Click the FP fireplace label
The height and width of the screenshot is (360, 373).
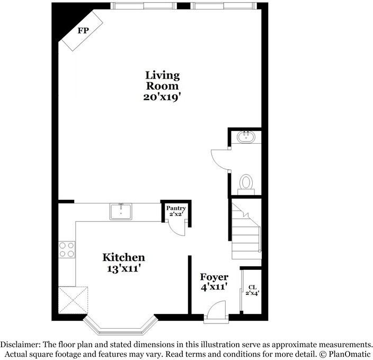(83, 31)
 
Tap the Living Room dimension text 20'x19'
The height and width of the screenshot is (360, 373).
(162, 97)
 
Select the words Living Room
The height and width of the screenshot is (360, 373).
(163, 81)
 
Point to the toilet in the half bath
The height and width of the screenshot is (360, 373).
(246, 182)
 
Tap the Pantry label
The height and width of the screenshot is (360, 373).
(176, 208)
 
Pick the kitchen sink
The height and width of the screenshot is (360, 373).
(121, 211)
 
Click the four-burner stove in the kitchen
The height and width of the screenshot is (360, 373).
(67, 249)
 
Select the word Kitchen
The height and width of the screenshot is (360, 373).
(123, 258)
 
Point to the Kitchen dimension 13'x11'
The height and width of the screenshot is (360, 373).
(123, 269)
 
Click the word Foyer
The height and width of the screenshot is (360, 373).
(214, 277)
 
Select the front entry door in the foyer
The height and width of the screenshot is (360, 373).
(217, 312)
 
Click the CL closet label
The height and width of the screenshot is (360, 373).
(252, 288)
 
